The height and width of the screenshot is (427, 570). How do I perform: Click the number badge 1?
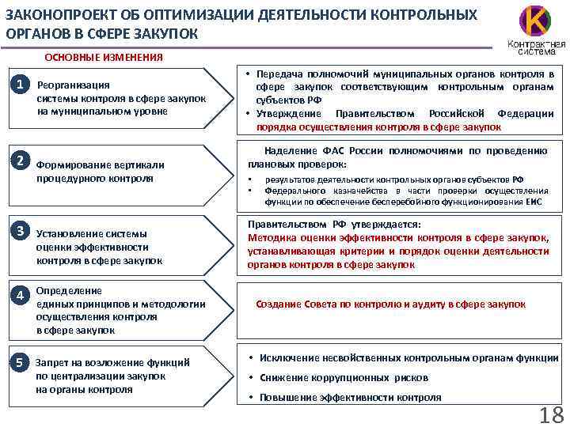click(x=25, y=83)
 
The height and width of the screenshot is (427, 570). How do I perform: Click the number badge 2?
click(x=25, y=161)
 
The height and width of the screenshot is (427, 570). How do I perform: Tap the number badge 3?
click(x=25, y=230)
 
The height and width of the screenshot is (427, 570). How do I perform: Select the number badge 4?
click(x=25, y=295)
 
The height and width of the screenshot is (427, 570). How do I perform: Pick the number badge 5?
click(x=25, y=362)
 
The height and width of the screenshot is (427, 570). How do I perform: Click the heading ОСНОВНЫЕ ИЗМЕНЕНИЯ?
click(x=104, y=57)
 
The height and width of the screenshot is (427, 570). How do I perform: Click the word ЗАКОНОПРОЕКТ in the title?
click(x=55, y=15)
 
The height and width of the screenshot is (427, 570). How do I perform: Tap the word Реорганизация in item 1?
click(x=74, y=85)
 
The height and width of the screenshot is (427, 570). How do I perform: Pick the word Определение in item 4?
click(x=69, y=291)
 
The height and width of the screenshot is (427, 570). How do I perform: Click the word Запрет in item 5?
click(x=53, y=362)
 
